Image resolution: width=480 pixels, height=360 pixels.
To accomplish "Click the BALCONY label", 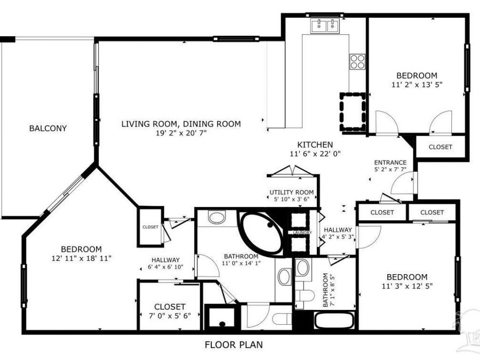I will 48,128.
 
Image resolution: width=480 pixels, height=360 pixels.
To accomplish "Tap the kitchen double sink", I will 325,25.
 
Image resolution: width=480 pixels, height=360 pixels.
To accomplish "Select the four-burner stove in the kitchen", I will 357,61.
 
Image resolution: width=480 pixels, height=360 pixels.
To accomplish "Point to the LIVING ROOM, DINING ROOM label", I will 181,124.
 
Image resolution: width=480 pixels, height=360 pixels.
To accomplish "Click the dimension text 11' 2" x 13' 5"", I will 417,84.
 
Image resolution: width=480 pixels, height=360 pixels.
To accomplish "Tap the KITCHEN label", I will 315,145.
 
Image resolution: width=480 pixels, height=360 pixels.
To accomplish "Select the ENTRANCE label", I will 390,163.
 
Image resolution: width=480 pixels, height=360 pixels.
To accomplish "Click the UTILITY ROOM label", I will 291,193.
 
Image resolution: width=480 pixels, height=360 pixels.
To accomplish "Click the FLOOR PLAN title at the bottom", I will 234,345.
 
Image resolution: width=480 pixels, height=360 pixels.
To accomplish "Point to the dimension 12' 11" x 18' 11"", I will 81,258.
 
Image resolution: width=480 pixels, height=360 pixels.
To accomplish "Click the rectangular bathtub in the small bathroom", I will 333,320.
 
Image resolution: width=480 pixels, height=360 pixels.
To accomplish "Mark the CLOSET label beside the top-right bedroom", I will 440,147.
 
